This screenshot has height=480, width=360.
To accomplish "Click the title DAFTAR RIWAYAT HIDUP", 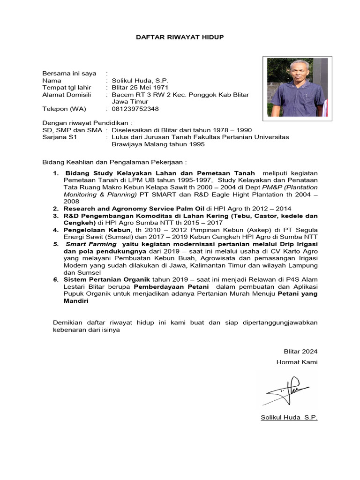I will [180, 37].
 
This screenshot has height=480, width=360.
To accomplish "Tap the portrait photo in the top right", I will [299, 88].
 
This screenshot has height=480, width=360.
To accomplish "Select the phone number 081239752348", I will [135, 109].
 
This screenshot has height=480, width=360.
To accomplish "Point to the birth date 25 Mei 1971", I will [142, 88].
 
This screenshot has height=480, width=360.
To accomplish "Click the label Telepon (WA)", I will [62, 109].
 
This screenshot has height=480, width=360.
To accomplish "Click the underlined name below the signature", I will [289, 417].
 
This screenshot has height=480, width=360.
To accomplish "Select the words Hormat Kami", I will [297, 362].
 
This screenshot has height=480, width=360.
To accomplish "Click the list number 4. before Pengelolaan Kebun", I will [55, 230].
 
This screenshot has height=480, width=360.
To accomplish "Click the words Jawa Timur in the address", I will [130, 102].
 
